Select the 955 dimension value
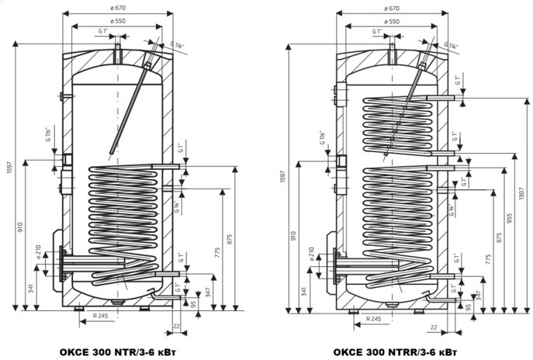[508, 220]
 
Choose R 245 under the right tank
[374, 318]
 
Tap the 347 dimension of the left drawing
[208, 292]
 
